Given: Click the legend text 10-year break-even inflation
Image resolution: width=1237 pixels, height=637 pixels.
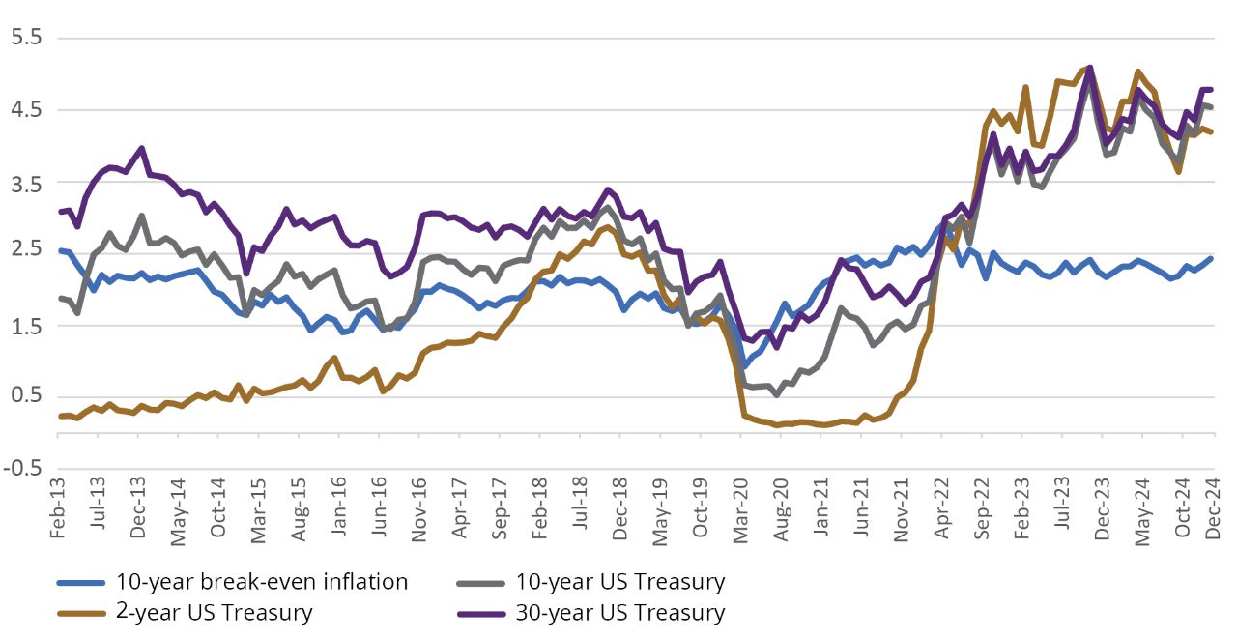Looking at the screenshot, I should point(261,582).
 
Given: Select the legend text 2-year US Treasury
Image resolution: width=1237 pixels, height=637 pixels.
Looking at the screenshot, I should point(214,612).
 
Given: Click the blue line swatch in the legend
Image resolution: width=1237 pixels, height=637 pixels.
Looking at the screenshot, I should point(81,583).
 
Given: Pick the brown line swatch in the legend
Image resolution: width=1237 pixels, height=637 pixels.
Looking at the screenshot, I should point(81,613).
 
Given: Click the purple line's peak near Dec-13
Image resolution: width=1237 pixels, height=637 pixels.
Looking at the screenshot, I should point(142,148).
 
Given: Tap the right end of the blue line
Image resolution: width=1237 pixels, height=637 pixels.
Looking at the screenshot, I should point(1212,258).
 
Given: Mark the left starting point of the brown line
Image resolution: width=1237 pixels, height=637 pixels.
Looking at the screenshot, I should point(59,416).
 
